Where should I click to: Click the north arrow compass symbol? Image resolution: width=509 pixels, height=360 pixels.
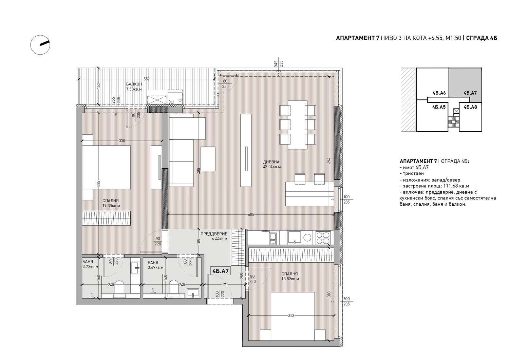pyautogui.click(x=40, y=45)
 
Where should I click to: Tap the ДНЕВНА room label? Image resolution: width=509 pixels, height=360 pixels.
pyautogui.click(x=271, y=162)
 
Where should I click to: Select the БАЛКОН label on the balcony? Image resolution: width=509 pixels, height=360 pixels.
pyautogui.click(x=134, y=84)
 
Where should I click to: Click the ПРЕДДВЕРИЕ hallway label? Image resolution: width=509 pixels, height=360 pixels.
pyautogui.click(x=213, y=234)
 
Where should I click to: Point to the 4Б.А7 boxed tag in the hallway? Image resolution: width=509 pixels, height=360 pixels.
pyautogui.click(x=220, y=271)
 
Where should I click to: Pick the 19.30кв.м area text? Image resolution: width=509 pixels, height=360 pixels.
pyautogui.click(x=111, y=206)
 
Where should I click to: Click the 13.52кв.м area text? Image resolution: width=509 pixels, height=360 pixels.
pyautogui.click(x=290, y=279)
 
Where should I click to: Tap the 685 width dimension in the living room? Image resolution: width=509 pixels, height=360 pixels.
pyautogui.click(x=251, y=214)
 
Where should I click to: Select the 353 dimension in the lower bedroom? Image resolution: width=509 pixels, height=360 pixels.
pyautogui.click(x=291, y=316)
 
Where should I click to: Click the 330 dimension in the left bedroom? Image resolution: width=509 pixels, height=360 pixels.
pyautogui.click(x=122, y=141)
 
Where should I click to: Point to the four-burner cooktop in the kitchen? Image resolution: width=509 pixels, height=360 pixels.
pyautogui.click(x=323, y=238)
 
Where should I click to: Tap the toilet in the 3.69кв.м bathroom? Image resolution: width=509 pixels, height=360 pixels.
pyautogui.click(x=174, y=287)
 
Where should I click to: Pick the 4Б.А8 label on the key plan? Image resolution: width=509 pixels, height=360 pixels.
pyautogui.click(x=470, y=107)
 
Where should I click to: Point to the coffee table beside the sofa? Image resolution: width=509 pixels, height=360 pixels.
pyautogui.click(x=208, y=159)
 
